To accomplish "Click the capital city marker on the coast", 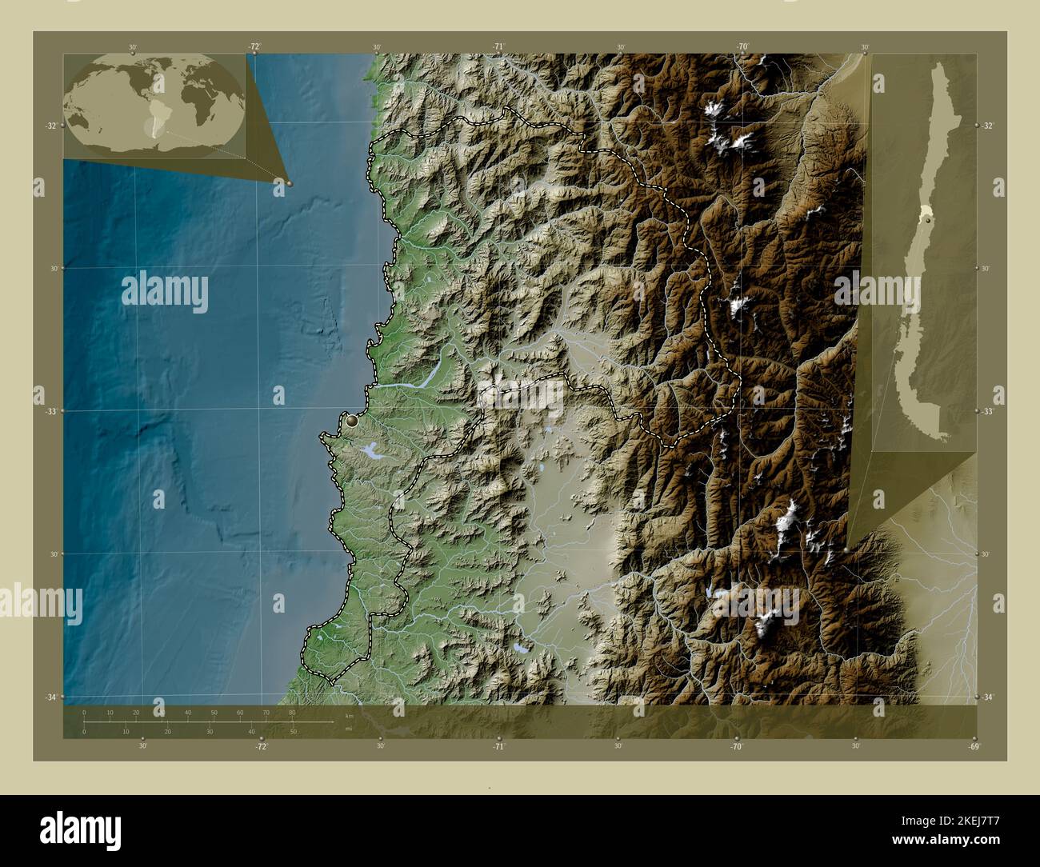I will (x=351, y=419).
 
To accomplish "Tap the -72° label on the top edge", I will (x=254, y=47).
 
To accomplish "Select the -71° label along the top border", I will (x=499, y=47).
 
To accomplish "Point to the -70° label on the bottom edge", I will (x=736, y=746).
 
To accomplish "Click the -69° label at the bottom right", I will (x=973, y=746).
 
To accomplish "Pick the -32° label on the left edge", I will (x=50, y=126).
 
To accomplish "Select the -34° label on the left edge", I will (x=50, y=697).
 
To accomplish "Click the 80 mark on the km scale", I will (x=292, y=712).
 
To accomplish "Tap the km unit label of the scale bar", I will (x=349, y=715).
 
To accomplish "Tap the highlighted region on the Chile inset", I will (x=926, y=213).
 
